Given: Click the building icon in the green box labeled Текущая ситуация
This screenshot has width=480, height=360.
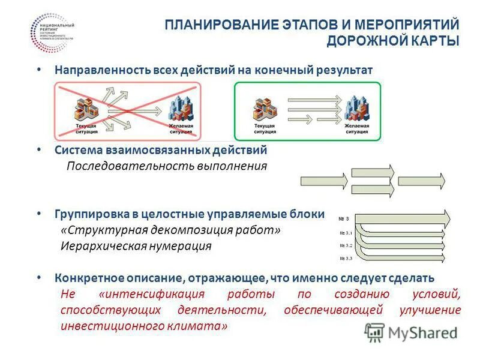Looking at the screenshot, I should point(264,109).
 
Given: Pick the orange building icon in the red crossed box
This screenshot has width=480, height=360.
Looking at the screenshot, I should point(86,108).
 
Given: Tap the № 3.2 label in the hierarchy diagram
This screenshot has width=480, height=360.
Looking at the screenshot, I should point(346,245).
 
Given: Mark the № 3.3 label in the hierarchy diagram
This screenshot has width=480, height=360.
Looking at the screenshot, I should point(346,258).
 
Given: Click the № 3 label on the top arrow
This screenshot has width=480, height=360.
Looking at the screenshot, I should point(344,217).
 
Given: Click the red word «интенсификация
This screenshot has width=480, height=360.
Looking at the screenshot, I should point(152,295).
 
